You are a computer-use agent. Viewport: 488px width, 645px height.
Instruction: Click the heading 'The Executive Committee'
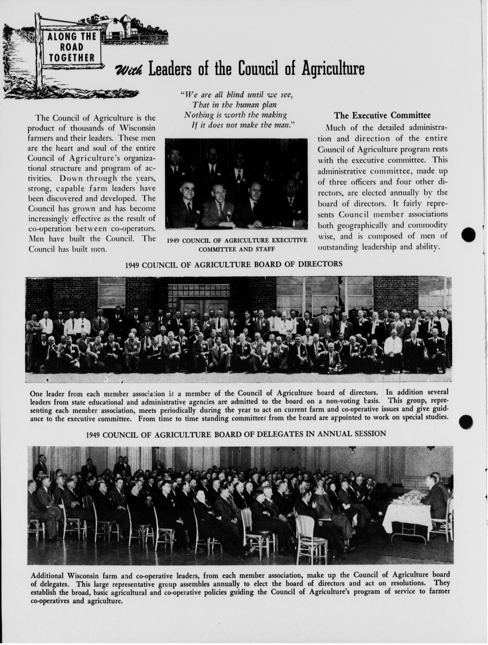382,115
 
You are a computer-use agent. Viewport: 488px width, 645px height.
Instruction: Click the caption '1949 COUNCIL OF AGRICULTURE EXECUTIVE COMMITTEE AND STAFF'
236,245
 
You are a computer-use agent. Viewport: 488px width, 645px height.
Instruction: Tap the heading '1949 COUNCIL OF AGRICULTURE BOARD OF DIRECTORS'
233,264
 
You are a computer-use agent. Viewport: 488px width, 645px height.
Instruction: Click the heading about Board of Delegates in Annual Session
236,434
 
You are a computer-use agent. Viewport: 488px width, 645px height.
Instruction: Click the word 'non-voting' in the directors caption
339,400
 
